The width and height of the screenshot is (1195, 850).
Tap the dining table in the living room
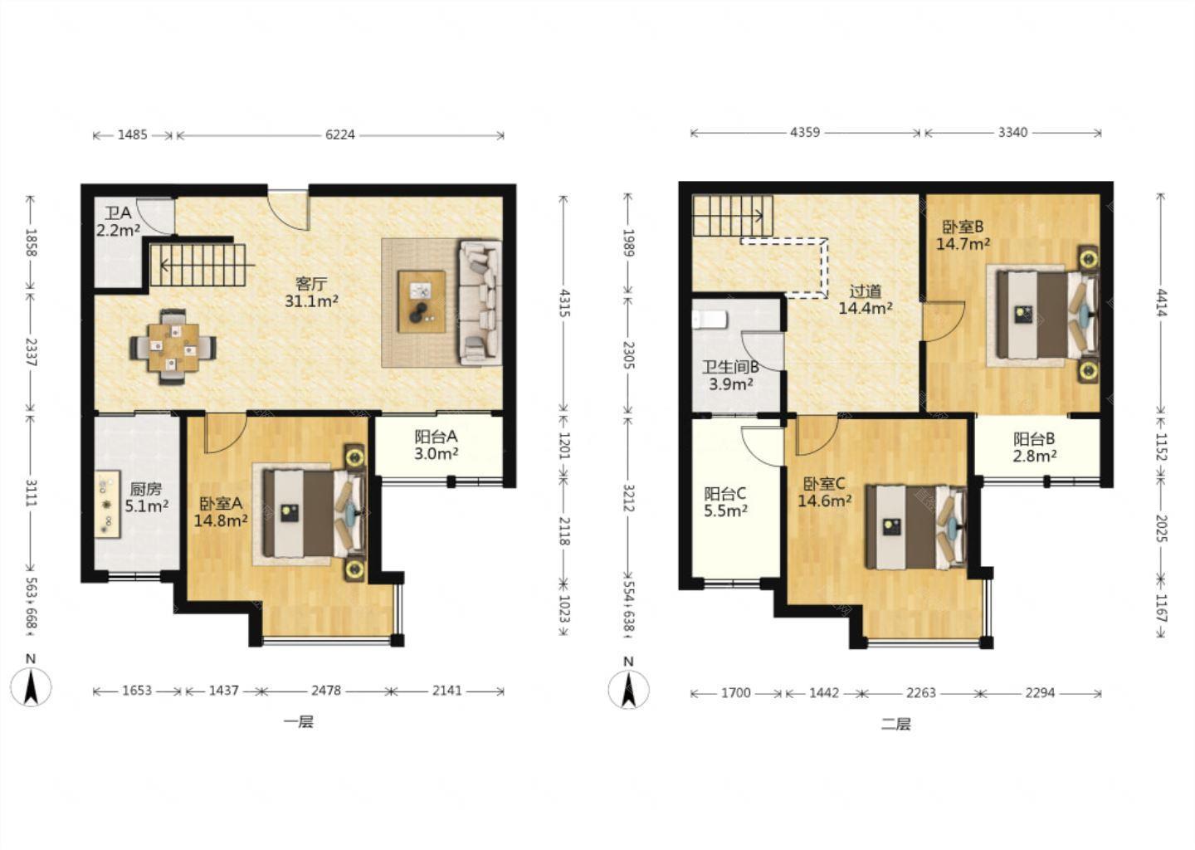point(173,347)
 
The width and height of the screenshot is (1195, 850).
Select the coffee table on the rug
point(422,301)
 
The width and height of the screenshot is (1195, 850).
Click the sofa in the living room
point(480,302)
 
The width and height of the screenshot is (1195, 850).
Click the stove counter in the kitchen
point(107,504)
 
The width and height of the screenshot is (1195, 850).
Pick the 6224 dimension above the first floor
point(340,135)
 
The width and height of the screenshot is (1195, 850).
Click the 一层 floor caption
point(298,722)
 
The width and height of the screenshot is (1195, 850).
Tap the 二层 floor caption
point(895,724)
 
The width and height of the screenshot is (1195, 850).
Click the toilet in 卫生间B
point(710,320)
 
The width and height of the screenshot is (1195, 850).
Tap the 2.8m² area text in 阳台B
point(1035,456)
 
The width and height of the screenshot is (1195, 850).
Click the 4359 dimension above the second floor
point(804,132)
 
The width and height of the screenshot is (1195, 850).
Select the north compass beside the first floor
point(31,686)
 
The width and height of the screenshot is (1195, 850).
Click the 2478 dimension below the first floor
point(326,691)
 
